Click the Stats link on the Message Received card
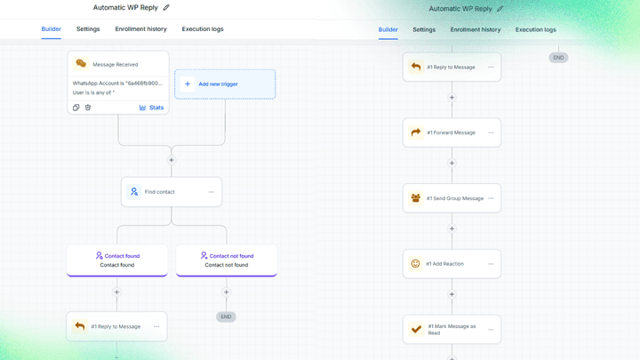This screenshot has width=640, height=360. pyautogui.click(x=151, y=108)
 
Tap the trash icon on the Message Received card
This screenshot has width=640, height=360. pyautogui.click(x=88, y=108)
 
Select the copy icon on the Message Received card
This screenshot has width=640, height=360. pyautogui.click(x=76, y=108)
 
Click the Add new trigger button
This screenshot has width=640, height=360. pyautogui.click(x=225, y=84)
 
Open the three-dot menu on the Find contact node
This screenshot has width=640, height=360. pyautogui.click(x=212, y=192)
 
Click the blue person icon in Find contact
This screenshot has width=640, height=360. pyautogui.click(x=134, y=191)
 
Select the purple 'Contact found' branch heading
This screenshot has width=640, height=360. pyautogui.click(x=118, y=256)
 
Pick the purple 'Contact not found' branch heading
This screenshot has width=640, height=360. pyautogui.click(x=227, y=256)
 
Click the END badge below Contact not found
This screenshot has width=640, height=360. pyautogui.click(x=226, y=316)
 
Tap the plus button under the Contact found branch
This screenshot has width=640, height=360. pyautogui.click(x=116, y=292)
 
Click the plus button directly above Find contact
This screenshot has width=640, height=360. pyautogui.click(x=172, y=160)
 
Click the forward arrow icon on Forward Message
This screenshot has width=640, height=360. pyautogui.click(x=415, y=132)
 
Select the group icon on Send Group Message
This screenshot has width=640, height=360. pyautogui.click(x=415, y=198)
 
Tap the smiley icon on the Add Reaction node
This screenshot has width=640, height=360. pyautogui.click(x=415, y=264)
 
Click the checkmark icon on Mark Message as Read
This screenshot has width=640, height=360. pyautogui.click(x=416, y=329)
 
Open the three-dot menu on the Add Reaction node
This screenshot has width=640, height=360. pyautogui.click(x=491, y=264)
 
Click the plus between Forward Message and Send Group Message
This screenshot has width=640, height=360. pyautogui.click(x=452, y=164)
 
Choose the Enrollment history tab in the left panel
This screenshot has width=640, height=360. pyautogui.click(x=140, y=29)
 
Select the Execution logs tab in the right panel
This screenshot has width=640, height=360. pyautogui.click(x=535, y=30)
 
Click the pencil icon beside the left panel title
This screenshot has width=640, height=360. pyautogui.click(x=166, y=8)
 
